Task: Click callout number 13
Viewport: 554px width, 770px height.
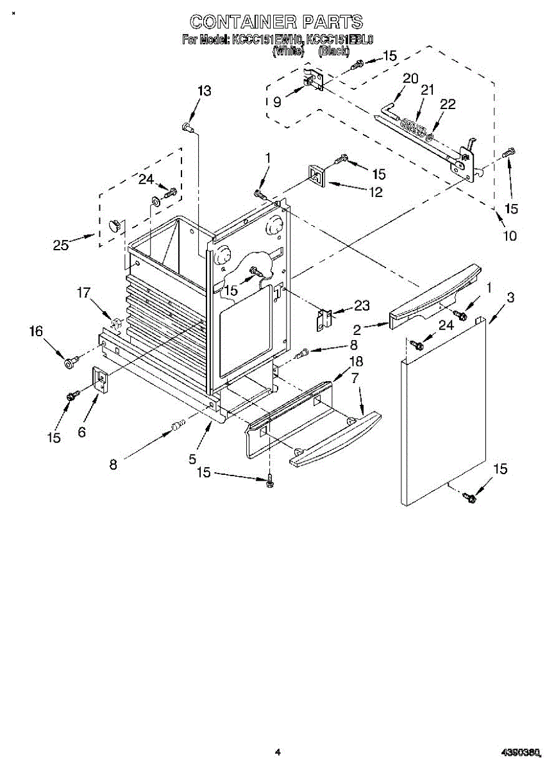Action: (x=203, y=91)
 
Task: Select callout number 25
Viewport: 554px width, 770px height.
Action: (x=61, y=244)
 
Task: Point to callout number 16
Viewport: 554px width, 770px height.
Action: (x=36, y=331)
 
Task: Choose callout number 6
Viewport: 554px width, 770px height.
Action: (x=81, y=432)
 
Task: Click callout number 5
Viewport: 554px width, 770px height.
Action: (x=192, y=459)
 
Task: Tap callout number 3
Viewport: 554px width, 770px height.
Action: (x=510, y=297)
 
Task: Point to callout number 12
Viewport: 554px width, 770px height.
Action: (x=374, y=191)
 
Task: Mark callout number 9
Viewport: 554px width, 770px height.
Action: (x=278, y=101)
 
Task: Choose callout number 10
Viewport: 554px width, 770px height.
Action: (x=509, y=235)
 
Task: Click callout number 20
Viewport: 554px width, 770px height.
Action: (x=410, y=78)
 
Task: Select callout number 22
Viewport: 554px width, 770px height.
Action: (x=448, y=105)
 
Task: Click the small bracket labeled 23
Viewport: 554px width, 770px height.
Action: (x=324, y=319)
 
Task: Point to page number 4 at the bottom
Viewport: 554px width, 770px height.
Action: (x=278, y=751)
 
